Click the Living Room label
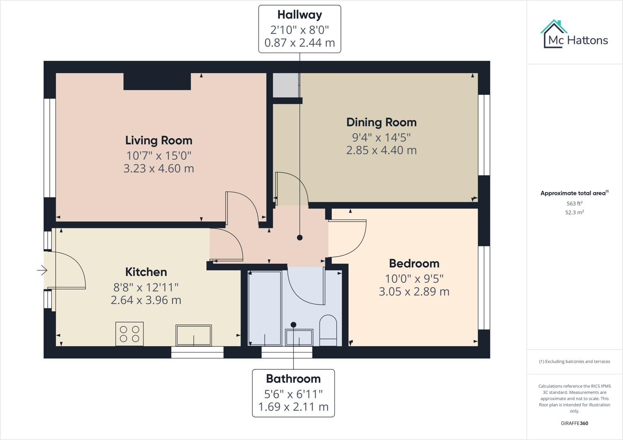(159, 140)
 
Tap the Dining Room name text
(381, 122)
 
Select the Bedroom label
(414, 264)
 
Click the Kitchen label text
(146, 272)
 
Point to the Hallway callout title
(299, 15)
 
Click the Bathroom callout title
(293, 379)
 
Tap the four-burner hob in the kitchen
(129, 334)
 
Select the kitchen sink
(193, 335)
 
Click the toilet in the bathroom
(328, 330)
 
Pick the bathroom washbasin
(299, 338)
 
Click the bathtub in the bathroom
(265, 308)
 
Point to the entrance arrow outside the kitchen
(42, 270)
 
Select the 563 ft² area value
(574, 204)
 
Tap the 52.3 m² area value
(574, 213)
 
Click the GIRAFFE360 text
(574, 423)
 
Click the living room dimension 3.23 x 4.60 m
(159, 169)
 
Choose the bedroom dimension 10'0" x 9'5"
(414, 279)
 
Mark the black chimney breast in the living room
(157, 82)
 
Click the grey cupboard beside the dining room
(286, 85)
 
